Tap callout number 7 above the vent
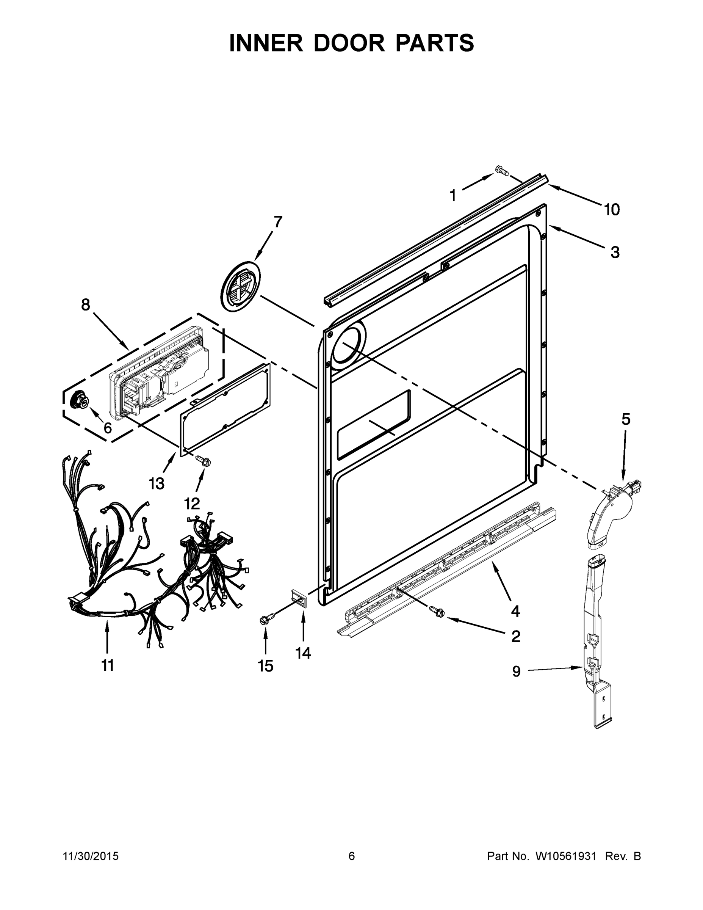[x=278, y=222]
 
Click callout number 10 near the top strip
[x=612, y=210]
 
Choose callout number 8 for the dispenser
[x=85, y=305]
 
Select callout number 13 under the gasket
[x=157, y=483]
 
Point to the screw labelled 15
[x=266, y=618]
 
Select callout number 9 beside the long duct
[x=517, y=672]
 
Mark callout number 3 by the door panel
[x=615, y=252]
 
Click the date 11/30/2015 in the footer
[x=91, y=856]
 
